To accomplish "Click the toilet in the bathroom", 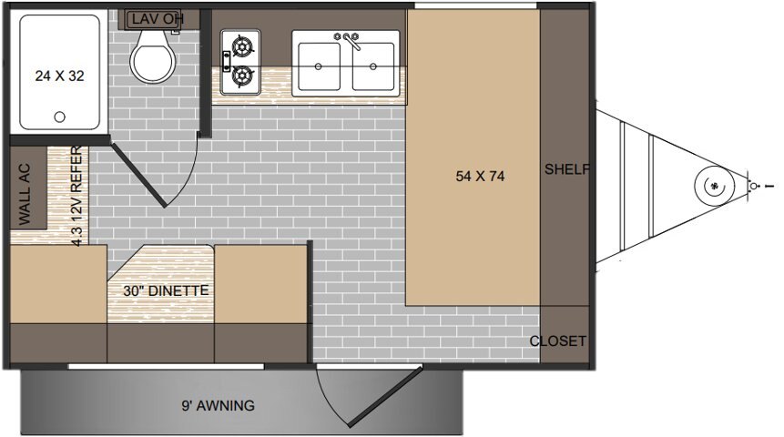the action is pos(153,56).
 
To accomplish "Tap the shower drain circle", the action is pos(59,117).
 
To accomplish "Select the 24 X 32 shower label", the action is pos(59,76).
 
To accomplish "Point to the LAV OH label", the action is pos(157,19).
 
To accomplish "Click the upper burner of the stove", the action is pos(243,46).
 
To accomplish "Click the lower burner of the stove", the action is pos(243,76).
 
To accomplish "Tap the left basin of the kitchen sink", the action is pos(319,66).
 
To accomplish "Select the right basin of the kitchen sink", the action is pos(373,66).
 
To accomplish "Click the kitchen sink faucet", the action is pos(350,40).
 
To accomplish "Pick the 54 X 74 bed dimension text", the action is pos(480,176).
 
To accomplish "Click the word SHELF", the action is pos(567,169).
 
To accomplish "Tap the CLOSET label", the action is pos(557,341).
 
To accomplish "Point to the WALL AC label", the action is pos(24,194).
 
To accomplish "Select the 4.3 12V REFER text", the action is pos(76,196).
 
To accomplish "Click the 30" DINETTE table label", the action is pos(166,290).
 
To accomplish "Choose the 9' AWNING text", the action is pos(218,405).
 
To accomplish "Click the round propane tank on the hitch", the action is pos(715,186).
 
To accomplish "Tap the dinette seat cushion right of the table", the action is pos(260,284).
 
